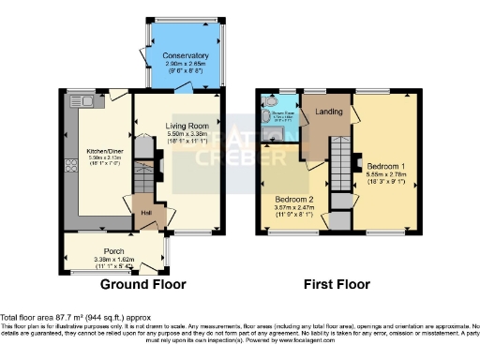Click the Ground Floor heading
coord(142,284)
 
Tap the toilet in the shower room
coord(266,117)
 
